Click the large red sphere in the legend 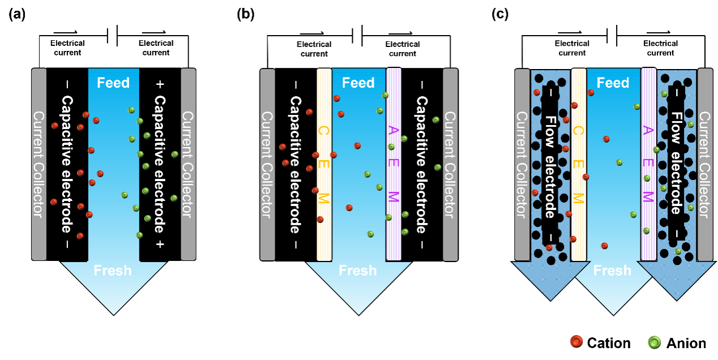576,342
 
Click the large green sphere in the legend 655,342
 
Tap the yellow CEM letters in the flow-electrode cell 578,164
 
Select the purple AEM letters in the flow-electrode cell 648,164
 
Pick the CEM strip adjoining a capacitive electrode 323,164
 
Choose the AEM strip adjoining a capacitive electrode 394,164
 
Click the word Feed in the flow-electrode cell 613,83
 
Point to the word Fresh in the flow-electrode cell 612,271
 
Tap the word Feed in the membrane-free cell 113,83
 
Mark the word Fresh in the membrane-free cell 113,271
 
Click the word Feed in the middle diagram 358,83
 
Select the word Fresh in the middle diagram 358,271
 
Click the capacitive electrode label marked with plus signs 160,164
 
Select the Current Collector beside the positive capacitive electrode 188,164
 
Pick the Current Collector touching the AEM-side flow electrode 705,164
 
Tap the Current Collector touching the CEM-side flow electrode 522,164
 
